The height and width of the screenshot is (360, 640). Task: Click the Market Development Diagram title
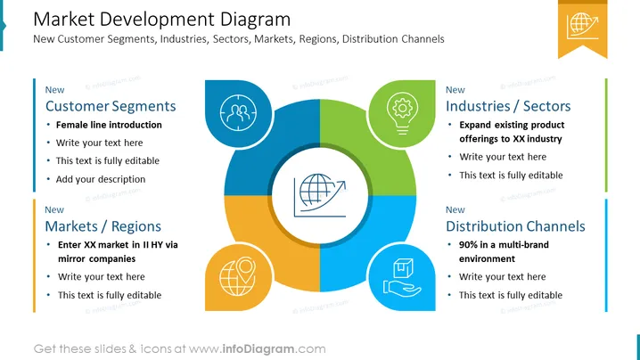click(x=161, y=20)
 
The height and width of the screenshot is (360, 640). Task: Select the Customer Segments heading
click(x=111, y=106)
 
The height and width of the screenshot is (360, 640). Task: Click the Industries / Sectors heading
click(x=508, y=106)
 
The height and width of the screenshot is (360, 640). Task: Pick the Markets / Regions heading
click(x=103, y=226)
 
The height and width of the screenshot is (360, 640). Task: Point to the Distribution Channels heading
click(x=515, y=226)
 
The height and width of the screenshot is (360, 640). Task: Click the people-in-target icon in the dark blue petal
click(x=238, y=112)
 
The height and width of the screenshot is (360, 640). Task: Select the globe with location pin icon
click(x=238, y=276)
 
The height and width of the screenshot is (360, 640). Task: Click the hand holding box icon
click(x=402, y=277)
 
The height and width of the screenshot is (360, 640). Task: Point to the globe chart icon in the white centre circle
click(x=320, y=195)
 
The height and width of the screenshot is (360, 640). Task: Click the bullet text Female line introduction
click(x=109, y=125)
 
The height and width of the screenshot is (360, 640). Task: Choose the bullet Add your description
click(x=101, y=179)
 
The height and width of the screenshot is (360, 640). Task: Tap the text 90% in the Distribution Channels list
click(x=468, y=244)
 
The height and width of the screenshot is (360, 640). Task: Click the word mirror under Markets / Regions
click(x=71, y=258)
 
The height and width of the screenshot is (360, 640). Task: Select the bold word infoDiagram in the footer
click(x=258, y=349)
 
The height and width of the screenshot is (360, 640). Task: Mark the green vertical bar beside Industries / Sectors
click(x=606, y=135)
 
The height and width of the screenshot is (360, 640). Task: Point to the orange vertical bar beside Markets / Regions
click(x=34, y=256)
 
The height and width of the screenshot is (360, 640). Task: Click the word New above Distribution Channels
click(x=455, y=209)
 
